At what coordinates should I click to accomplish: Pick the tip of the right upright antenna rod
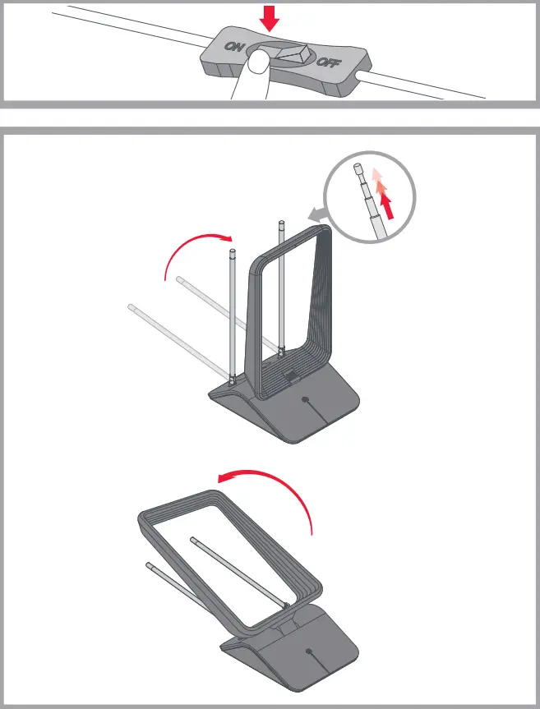click(281, 222)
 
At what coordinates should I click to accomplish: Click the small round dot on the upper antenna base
click(306, 402)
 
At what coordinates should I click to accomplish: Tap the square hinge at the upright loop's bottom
click(288, 375)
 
